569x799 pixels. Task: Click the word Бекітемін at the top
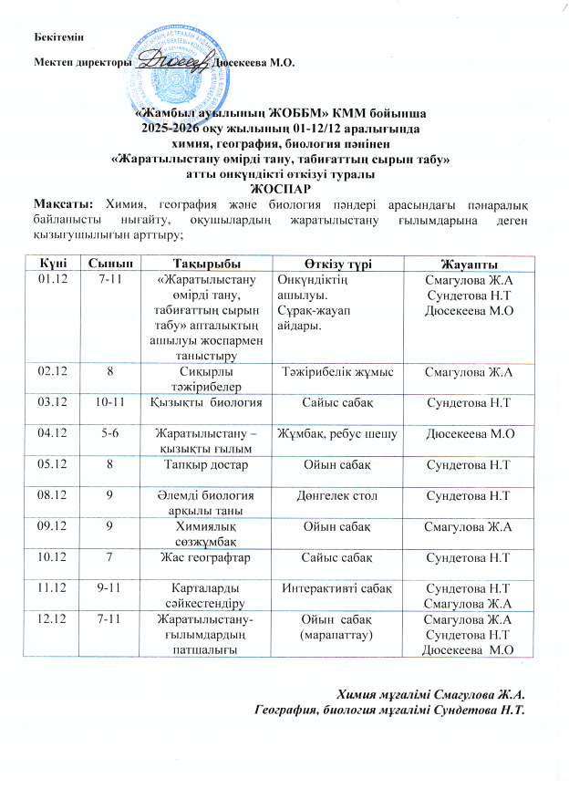pos(57,35)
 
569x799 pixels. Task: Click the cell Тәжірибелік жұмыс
pos(336,372)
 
